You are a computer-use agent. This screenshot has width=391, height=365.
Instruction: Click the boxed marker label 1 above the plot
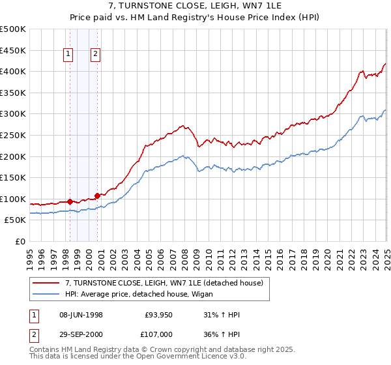(x=68, y=55)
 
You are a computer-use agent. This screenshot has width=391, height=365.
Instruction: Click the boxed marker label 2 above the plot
(x=95, y=55)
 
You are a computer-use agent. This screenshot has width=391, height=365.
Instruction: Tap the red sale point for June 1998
(x=70, y=201)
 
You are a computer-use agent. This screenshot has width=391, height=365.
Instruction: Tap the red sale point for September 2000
(x=97, y=196)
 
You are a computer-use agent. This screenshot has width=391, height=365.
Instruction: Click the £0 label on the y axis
(x=20, y=241)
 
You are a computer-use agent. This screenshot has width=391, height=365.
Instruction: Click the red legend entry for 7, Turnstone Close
(x=164, y=283)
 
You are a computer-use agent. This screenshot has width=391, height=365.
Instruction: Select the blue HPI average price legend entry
(x=143, y=295)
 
